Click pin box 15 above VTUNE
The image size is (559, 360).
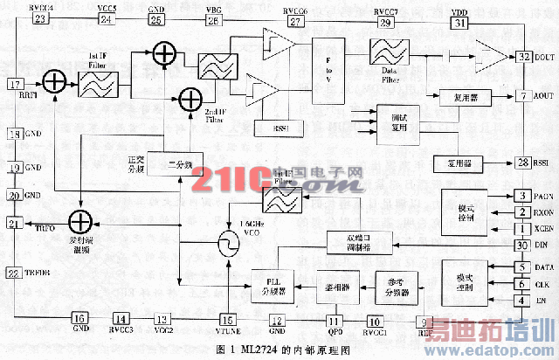(227, 319)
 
